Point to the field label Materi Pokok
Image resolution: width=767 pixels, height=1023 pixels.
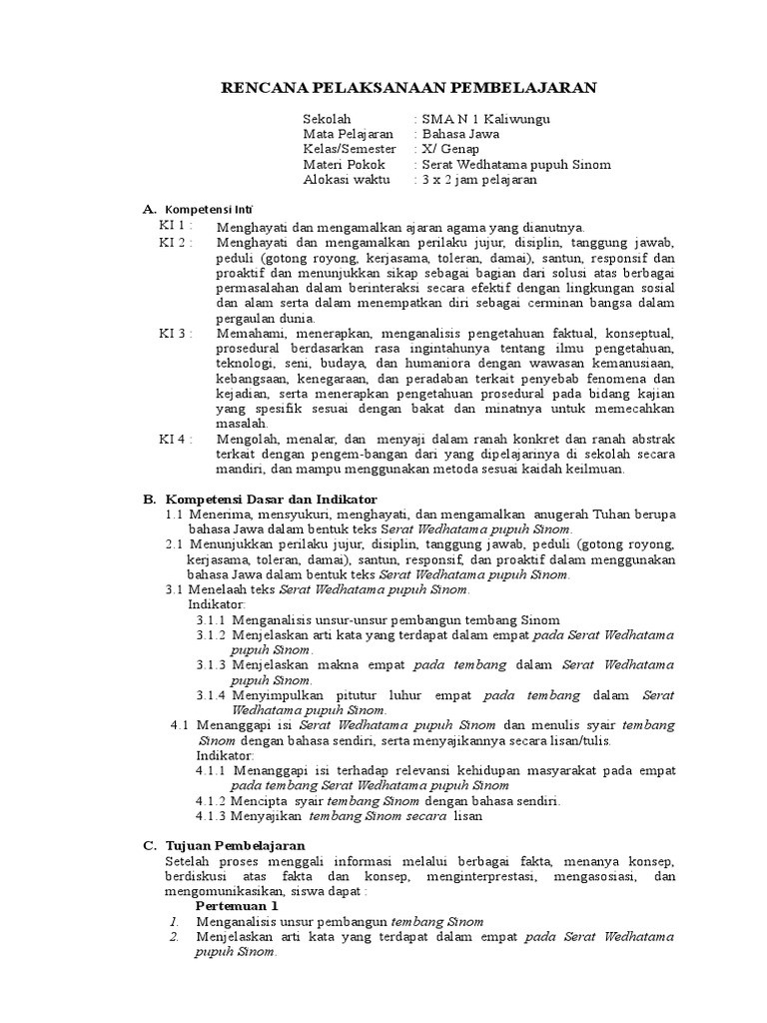pos(343,164)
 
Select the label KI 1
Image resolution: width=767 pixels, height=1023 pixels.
pos(175,227)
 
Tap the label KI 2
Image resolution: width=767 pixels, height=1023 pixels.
pos(175,243)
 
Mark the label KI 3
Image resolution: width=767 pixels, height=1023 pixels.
pos(175,333)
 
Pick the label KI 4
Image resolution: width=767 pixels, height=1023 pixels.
pos(175,439)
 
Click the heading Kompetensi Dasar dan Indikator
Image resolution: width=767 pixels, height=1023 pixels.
pos(271,499)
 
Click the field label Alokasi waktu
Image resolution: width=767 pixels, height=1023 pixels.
pos(347,180)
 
